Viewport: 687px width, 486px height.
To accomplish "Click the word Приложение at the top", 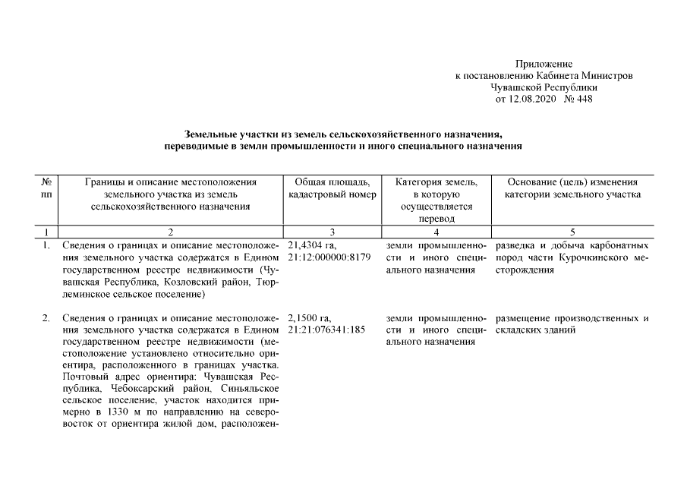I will [x=543, y=64].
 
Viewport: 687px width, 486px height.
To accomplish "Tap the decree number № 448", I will [x=578, y=99].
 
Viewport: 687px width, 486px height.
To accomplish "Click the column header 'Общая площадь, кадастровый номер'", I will [x=329, y=188].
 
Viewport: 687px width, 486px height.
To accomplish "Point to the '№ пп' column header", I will [x=46, y=188].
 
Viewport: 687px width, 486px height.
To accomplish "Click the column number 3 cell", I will [x=329, y=231].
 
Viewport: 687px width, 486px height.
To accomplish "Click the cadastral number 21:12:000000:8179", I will [x=329, y=257].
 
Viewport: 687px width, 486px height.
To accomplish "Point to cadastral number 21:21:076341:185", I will [x=327, y=330].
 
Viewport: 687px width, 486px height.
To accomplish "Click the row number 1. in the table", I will [x=46, y=245].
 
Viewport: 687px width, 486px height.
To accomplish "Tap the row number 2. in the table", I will [x=46, y=318].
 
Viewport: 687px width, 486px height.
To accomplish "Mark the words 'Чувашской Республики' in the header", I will [x=543, y=87].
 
